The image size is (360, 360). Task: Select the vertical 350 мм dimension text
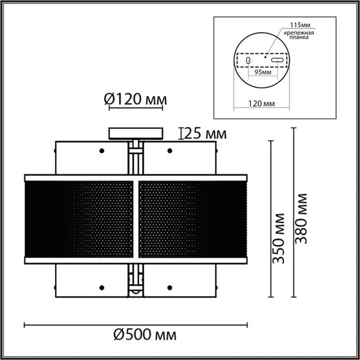[282, 238]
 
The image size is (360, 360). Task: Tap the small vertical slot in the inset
[248, 61]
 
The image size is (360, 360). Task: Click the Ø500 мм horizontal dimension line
[135, 325]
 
